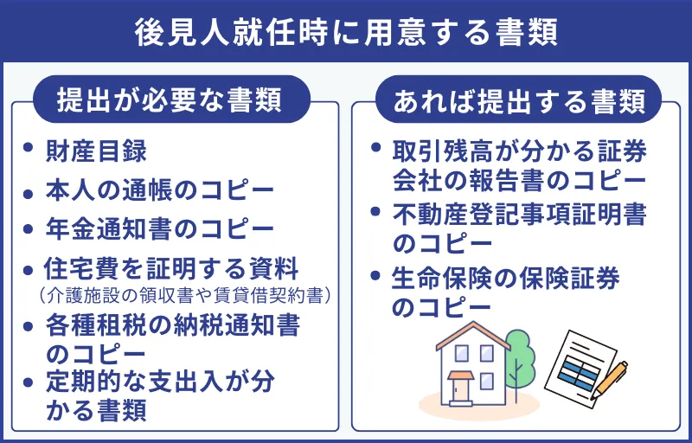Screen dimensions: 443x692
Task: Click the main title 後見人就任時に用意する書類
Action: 346,32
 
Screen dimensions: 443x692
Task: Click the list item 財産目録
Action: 95,151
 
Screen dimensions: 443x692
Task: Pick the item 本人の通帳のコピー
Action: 159,189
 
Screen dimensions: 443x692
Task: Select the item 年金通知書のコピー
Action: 159,228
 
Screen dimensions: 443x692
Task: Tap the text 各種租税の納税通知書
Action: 171,326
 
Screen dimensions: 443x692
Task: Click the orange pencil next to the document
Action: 612,377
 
